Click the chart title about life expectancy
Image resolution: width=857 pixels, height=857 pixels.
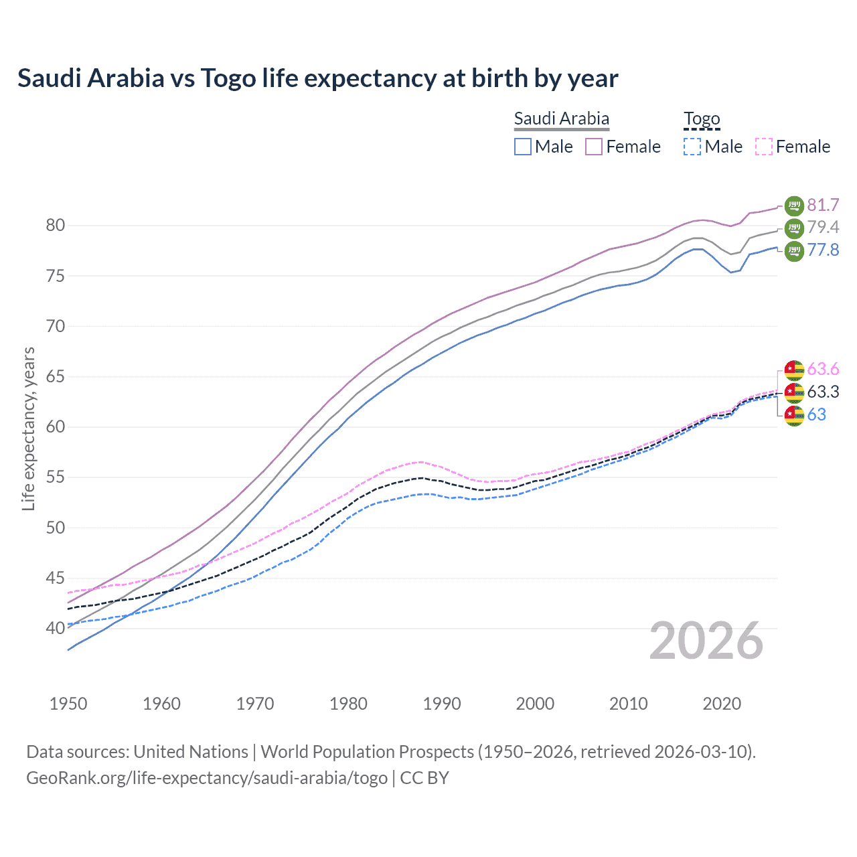tap(317, 78)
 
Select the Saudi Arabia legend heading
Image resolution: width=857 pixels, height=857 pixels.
tap(561, 119)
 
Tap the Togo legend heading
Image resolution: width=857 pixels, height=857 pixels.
tap(701, 119)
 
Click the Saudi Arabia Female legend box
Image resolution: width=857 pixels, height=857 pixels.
tap(595, 147)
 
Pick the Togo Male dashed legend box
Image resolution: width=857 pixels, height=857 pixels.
tap(692, 147)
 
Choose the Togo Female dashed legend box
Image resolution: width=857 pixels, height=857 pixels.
tap(764, 147)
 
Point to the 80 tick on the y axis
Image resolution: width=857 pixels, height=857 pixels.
tap(56, 226)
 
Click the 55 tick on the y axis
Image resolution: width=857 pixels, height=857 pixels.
tap(56, 477)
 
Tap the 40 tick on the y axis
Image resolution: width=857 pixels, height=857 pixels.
tap(56, 628)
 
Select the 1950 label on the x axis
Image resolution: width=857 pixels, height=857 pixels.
tap(68, 704)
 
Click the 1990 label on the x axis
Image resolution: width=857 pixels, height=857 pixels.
tap(442, 704)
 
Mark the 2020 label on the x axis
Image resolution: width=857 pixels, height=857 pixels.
tap(722, 704)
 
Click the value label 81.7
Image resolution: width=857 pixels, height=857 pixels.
tap(823, 205)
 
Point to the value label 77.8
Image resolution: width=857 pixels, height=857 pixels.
tap(823, 250)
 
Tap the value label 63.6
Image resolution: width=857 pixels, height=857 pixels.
tap(823, 370)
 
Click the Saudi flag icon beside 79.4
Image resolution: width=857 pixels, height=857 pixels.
tap(793, 228)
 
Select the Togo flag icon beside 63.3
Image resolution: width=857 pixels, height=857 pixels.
tap(793, 392)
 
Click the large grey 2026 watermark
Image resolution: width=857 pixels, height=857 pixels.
tap(706, 641)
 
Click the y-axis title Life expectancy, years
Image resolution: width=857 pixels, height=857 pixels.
tap(28, 428)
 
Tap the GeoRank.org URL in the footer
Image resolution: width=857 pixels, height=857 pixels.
tap(207, 778)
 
